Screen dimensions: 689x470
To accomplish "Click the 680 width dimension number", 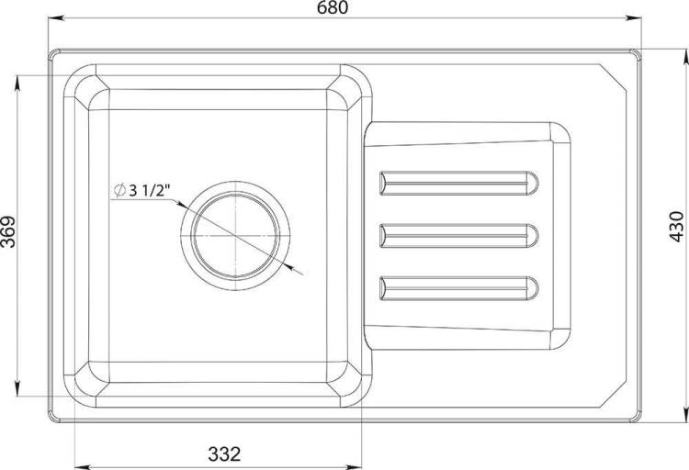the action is [333, 7].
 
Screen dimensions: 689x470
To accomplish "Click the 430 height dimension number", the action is [677, 227].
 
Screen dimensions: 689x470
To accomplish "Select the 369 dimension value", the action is [8, 231].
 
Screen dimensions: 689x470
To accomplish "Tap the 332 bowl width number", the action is [224, 453].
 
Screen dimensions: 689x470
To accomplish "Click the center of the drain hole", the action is [235, 236].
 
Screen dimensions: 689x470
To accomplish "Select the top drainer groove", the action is [458, 183].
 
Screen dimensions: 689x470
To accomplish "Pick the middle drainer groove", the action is [458, 236].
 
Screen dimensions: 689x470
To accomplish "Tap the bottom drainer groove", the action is [458, 288].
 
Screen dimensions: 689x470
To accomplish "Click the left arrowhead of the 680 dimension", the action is [55, 18].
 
